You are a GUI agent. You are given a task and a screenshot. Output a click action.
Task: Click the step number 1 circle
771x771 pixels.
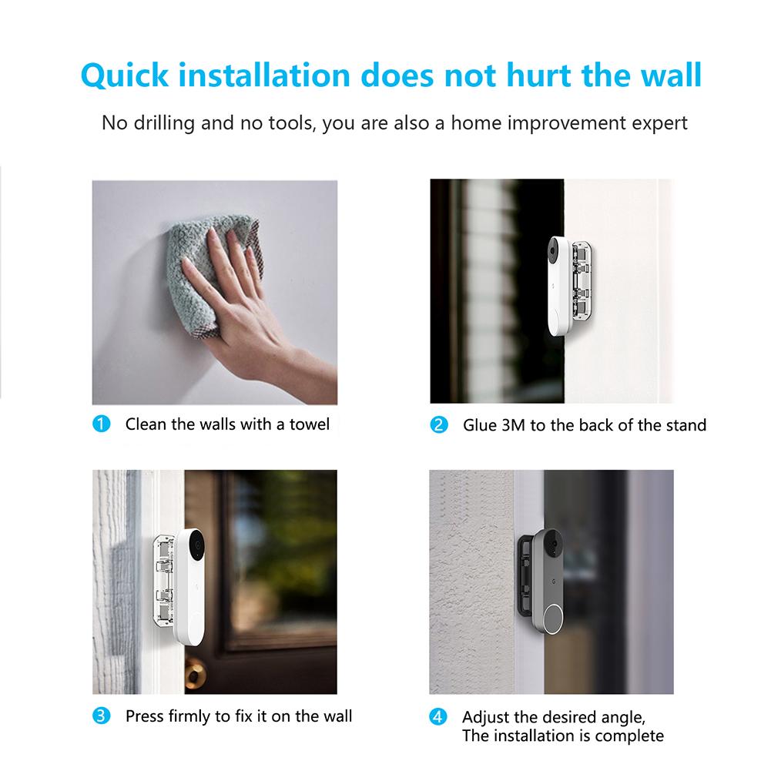(x=100, y=424)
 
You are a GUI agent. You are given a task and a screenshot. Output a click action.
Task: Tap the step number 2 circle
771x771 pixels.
(x=438, y=424)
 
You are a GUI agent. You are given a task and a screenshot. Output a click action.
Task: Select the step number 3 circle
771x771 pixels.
(x=100, y=716)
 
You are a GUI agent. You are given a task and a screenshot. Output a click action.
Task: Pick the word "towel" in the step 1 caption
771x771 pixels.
(x=309, y=424)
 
